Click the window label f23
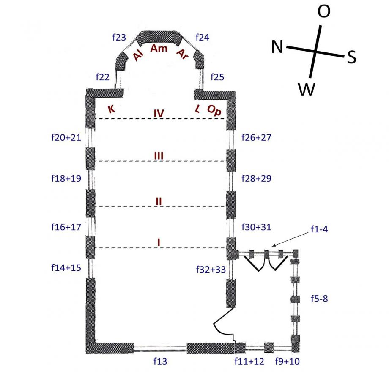point(119,38)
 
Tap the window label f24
point(202,38)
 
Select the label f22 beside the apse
point(103,77)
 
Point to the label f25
point(218,77)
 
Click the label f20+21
point(66,137)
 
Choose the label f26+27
point(256,137)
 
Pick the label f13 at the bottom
point(160,361)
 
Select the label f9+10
point(288,361)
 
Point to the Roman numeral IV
point(159,113)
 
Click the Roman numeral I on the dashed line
point(159,242)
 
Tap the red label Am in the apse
point(159,49)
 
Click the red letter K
point(111,109)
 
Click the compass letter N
point(277,47)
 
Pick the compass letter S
point(351,57)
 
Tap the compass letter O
point(324,12)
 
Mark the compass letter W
point(307,89)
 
